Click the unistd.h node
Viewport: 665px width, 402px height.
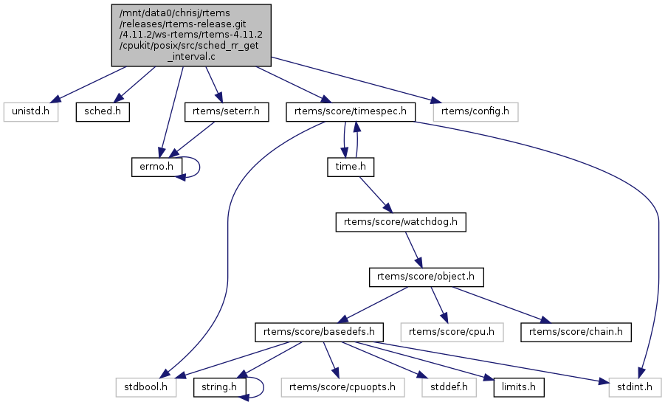click(30, 111)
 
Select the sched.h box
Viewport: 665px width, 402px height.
click(102, 111)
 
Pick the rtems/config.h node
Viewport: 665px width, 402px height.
click(475, 111)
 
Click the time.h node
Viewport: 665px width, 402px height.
click(351, 167)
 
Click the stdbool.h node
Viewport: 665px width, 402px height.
click(145, 387)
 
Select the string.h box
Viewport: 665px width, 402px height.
click(219, 387)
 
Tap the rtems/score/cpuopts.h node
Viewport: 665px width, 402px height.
click(343, 387)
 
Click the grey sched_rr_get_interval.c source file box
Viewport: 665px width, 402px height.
click(191, 35)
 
